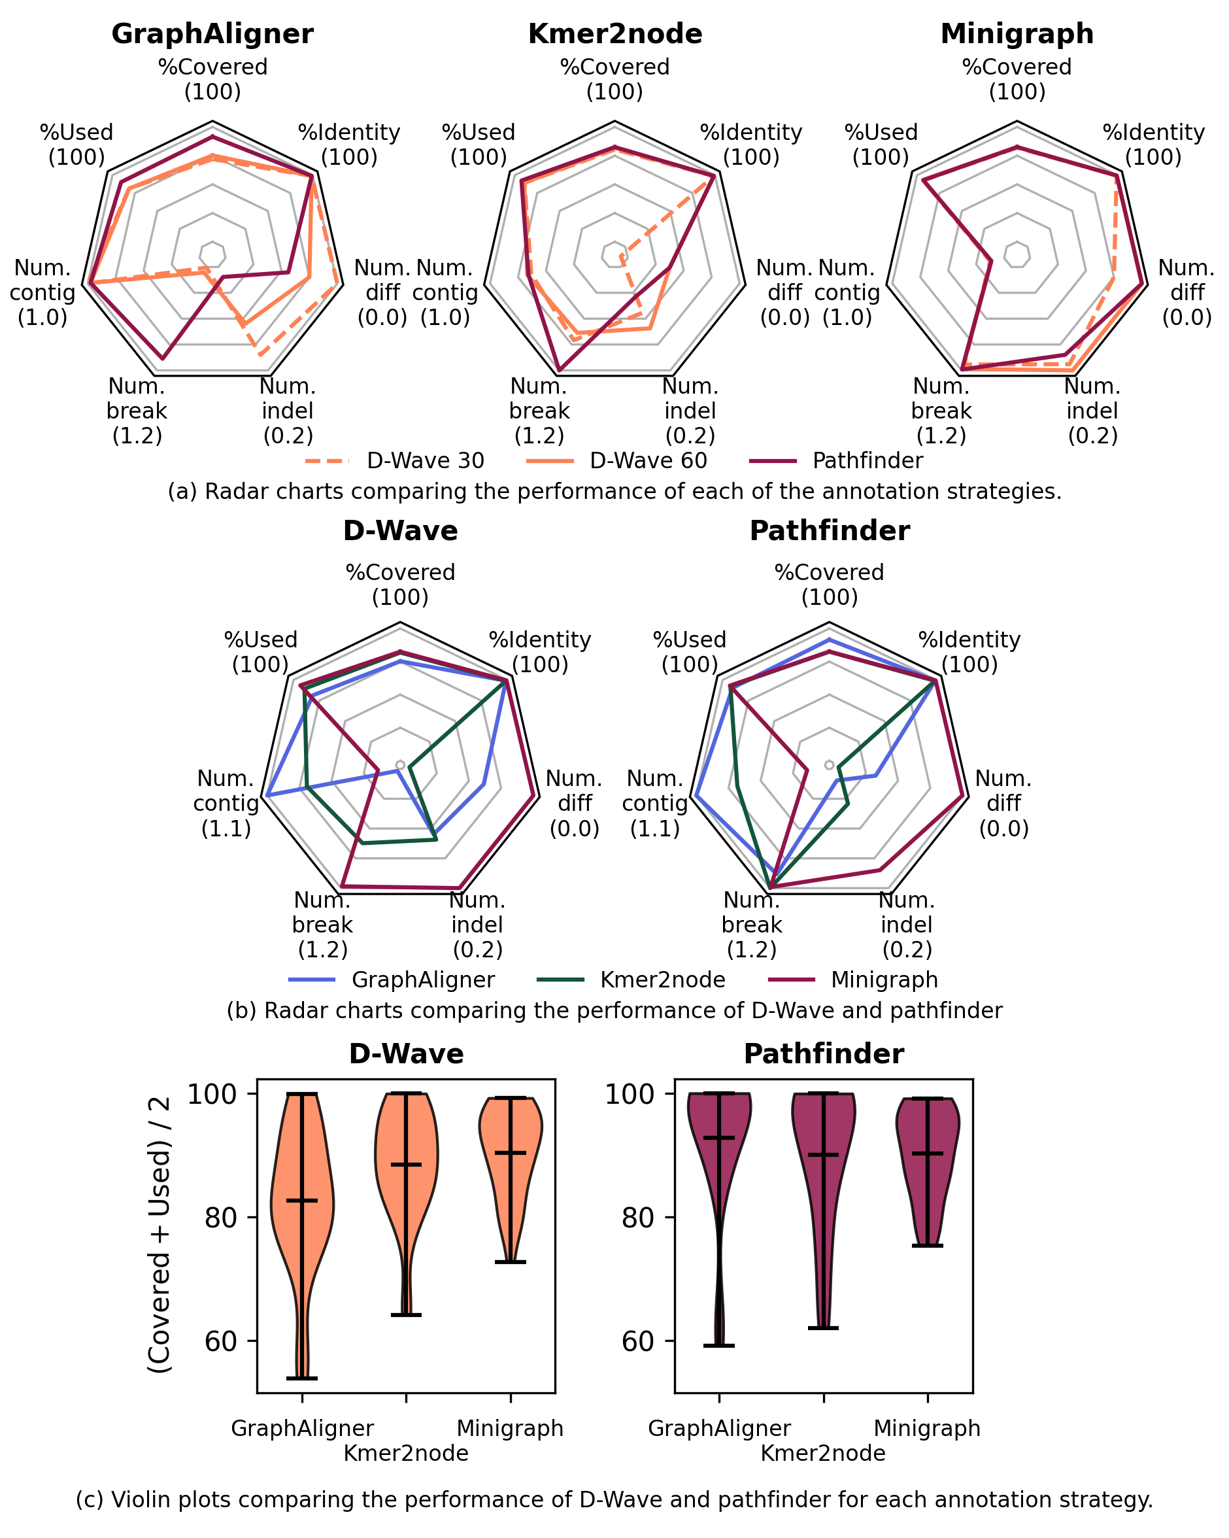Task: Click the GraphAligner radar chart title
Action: pyautogui.click(x=212, y=34)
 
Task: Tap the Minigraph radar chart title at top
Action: pyautogui.click(x=1017, y=34)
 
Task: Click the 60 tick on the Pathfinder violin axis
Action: pyautogui.click(x=639, y=1341)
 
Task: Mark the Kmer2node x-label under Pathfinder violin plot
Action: pyautogui.click(x=822, y=1453)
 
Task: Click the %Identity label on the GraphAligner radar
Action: pyautogui.click(x=349, y=145)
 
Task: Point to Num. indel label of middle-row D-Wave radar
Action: pyautogui.click(x=477, y=925)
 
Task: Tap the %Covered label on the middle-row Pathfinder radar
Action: pyautogui.click(x=829, y=583)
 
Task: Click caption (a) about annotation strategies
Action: pyautogui.click(x=614, y=492)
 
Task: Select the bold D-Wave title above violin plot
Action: pyautogui.click(x=406, y=1054)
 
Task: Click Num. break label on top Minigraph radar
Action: pyautogui.click(x=941, y=411)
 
